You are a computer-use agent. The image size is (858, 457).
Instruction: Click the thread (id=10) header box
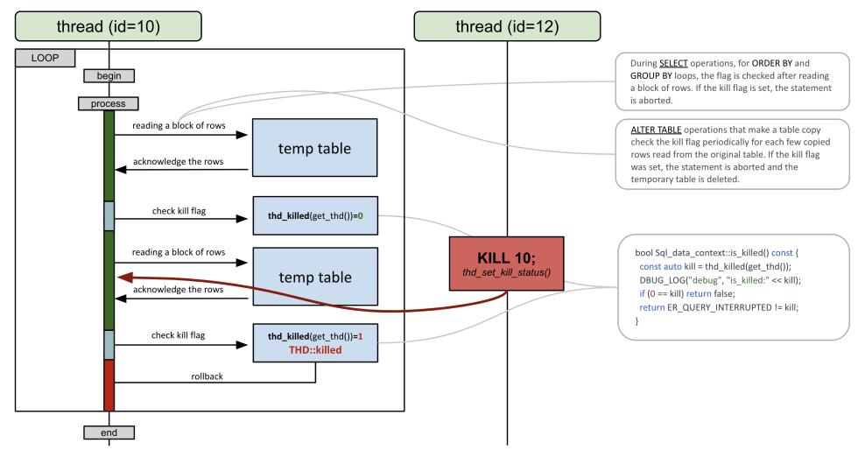coord(109,26)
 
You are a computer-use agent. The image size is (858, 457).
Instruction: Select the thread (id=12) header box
coord(506,26)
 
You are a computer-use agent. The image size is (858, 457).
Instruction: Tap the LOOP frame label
coord(45,58)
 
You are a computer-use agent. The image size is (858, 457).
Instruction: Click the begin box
coord(109,75)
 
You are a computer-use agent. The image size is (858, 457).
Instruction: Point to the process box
coord(109,103)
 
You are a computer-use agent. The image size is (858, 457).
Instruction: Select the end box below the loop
coord(109,432)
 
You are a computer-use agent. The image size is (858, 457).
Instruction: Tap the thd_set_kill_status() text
coord(507,272)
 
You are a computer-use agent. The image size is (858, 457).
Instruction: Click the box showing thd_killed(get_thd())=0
coord(315,215)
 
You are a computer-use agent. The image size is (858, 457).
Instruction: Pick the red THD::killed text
coord(315,349)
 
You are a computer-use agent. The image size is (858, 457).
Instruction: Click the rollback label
coord(208,376)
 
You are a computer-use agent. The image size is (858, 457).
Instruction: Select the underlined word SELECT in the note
coord(673,64)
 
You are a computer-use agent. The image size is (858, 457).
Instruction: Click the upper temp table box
coord(315,148)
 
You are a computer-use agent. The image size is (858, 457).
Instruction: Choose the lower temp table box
coord(315,278)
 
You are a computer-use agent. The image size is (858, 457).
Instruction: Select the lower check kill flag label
coord(179,335)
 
